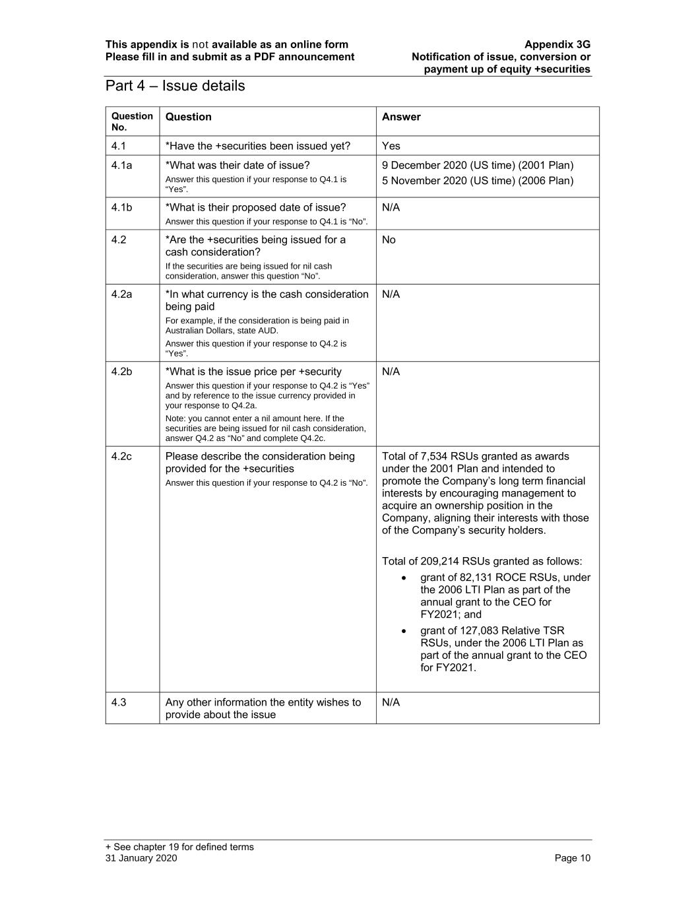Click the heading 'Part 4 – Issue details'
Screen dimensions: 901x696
pyautogui.click(x=175, y=86)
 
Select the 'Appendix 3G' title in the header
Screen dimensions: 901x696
pyautogui.click(x=557, y=45)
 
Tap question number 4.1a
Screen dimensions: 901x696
pyautogui.click(x=121, y=166)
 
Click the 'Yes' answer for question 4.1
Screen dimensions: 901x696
pyautogui.click(x=391, y=146)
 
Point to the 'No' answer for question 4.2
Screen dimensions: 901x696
pyautogui.click(x=389, y=240)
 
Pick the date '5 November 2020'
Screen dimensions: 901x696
pyautogui.click(x=424, y=181)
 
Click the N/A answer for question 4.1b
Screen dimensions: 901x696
pyautogui.click(x=391, y=208)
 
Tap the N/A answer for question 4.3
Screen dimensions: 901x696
pyautogui.click(x=391, y=702)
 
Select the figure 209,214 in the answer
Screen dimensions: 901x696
pyautogui.click(x=439, y=562)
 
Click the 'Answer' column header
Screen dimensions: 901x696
pyautogui.click(x=401, y=117)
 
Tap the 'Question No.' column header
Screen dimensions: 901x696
pyautogui.click(x=132, y=121)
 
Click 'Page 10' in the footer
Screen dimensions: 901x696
pyautogui.click(x=573, y=858)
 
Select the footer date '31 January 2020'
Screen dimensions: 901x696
pyautogui.click(x=141, y=858)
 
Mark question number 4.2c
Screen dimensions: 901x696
pyautogui.click(x=121, y=457)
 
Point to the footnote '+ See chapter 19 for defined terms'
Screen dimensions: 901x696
pyautogui.click(x=179, y=847)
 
